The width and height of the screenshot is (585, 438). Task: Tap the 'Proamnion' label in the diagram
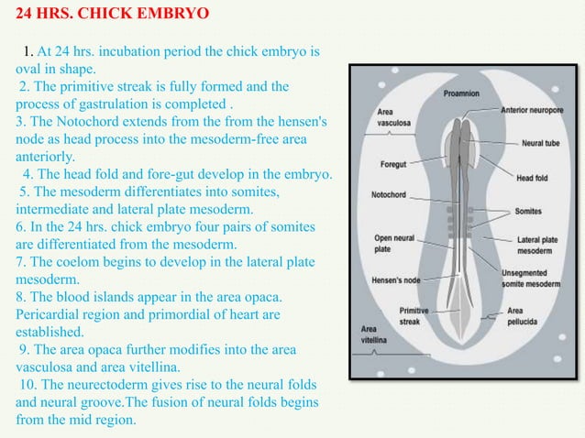coord(459,93)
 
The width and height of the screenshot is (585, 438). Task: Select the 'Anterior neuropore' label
coord(531,110)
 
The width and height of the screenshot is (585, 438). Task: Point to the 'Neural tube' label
coord(539,144)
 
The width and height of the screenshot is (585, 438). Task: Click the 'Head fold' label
coord(532,178)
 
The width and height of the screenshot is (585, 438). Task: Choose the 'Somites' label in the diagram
coord(527,211)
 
